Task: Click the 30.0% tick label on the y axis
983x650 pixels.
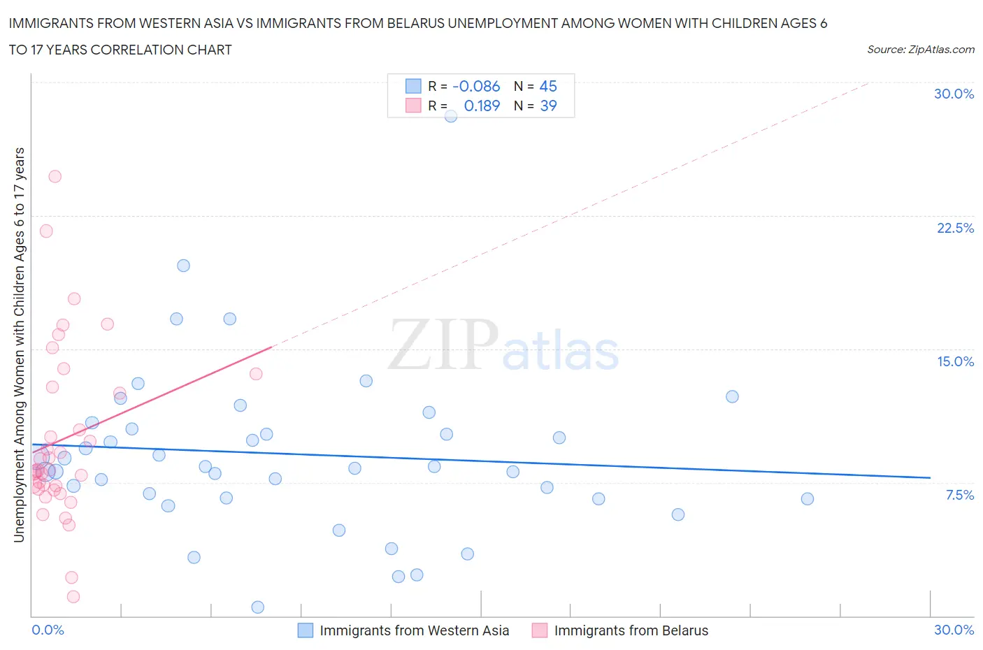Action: tap(954, 94)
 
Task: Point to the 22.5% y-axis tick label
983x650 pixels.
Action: tap(955, 228)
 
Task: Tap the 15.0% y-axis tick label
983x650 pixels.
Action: tap(955, 361)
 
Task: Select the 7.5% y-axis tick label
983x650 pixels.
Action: tap(959, 495)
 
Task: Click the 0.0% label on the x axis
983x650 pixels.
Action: tap(48, 630)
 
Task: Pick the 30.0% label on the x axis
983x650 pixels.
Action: tap(954, 630)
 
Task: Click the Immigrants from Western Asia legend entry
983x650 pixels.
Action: tap(414, 630)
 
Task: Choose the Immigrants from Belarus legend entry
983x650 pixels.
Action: tap(631, 630)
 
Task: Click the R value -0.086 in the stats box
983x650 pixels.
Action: tap(476, 86)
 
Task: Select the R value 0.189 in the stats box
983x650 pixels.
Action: tap(482, 106)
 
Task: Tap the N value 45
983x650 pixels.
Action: tap(548, 86)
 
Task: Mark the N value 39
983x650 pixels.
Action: tap(548, 106)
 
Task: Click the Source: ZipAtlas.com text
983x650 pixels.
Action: tap(920, 50)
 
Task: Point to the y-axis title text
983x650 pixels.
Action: tap(19, 345)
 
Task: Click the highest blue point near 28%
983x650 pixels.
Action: tap(451, 116)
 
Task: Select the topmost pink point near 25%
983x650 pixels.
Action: tap(55, 176)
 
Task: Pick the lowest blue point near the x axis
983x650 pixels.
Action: tap(257, 607)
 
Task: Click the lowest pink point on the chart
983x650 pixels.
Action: tap(73, 596)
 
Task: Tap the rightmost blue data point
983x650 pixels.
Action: tap(807, 498)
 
